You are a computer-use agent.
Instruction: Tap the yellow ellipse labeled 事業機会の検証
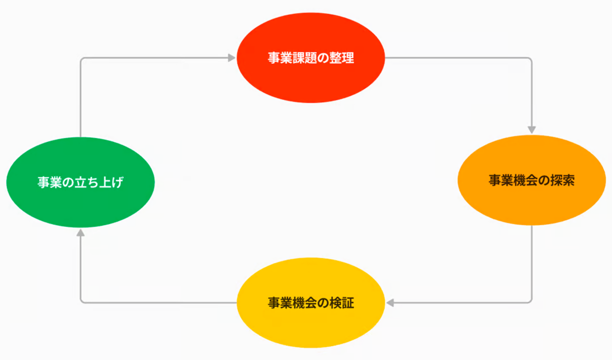pyautogui.click(x=310, y=324)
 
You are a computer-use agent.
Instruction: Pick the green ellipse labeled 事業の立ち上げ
pyautogui.click(x=80, y=201)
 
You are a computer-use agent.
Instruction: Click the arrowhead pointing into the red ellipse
pyautogui.click(x=232, y=58)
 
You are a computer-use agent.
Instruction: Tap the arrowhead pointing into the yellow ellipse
pyautogui.click(x=390, y=302)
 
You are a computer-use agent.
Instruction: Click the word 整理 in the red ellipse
pyautogui.click(x=341, y=58)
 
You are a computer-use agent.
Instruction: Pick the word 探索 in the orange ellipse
pyautogui.click(x=562, y=180)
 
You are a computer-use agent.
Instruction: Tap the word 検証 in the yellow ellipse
pyautogui.click(x=341, y=303)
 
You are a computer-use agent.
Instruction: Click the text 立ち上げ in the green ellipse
pyautogui.click(x=99, y=182)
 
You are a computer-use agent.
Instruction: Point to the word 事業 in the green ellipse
pyautogui.click(x=49, y=182)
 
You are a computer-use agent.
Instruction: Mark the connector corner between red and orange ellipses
pyautogui.click(x=531, y=59)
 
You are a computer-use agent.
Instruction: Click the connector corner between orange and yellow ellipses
pyautogui.click(x=531, y=301)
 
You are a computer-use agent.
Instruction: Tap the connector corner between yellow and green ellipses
pyautogui.click(x=81, y=301)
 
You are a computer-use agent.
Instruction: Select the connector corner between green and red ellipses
pyautogui.click(x=81, y=59)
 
